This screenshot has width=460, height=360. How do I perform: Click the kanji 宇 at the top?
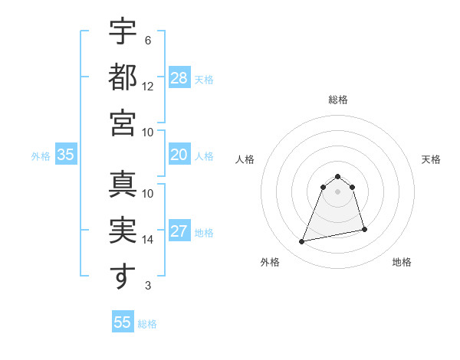[x=123, y=32]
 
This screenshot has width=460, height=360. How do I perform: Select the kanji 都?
[x=123, y=77]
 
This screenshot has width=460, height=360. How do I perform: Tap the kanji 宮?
[x=123, y=123]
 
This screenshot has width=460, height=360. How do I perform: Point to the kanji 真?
[x=123, y=185]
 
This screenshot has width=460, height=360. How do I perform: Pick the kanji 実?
[x=123, y=231]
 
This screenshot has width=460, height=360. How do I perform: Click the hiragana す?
[x=123, y=276]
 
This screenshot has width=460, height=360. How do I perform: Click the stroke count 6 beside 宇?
[x=147, y=41]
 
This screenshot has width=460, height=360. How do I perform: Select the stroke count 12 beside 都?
[x=148, y=86]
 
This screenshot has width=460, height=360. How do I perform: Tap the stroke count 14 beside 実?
[x=148, y=239]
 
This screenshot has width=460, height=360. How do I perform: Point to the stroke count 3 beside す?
[x=147, y=286]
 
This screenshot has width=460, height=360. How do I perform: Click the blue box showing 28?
[x=179, y=78]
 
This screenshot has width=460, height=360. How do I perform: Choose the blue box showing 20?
[x=179, y=155]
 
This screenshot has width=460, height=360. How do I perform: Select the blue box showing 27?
[x=179, y=231]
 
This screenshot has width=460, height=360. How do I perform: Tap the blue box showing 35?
[x=65, y=155]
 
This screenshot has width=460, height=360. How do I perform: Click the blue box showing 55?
[x=123, y=322]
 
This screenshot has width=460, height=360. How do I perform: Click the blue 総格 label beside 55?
[x=147, y=324]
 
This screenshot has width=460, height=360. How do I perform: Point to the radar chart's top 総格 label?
[x=337, y=100]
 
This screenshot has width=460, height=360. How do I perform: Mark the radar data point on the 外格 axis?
[x=302, y=242]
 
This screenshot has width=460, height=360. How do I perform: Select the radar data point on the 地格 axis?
[x=364, y=229]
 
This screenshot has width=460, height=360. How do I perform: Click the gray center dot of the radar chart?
[x=337, y=191]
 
